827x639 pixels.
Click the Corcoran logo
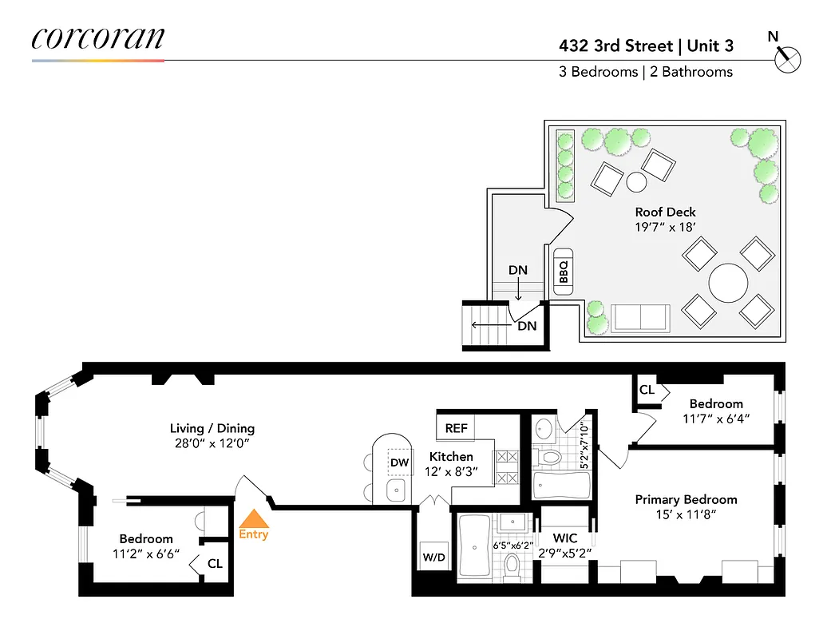point(98,39)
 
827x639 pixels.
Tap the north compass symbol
point(786,57)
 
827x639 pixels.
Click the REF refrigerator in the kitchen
point(456,428)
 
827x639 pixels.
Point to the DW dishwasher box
point(400,462)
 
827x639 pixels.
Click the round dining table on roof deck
point(729,282)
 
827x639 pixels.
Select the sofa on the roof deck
point(639,319)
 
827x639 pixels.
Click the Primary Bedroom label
point(686,500)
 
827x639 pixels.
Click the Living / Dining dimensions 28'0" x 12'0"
point(212,444)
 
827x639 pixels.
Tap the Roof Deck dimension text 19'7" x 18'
point(665,227)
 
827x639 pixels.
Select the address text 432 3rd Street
point(615,46)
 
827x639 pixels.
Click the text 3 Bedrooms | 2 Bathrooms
point(645,72)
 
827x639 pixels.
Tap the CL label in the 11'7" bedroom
point(647,390)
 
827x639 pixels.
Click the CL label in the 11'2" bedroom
point(214,563)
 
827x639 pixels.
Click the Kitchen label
point(451,456)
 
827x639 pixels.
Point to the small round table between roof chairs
point(636,181)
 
